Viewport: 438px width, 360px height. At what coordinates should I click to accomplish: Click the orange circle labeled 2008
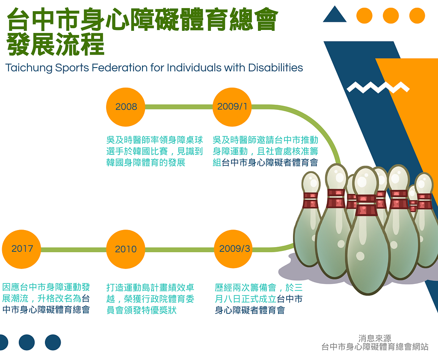pyautogui.click(x=126, y=107)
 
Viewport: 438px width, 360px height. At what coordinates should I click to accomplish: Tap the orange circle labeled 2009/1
pyautogui.click(x=232, y=107)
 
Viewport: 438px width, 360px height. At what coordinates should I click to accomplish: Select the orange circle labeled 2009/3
pyautogui.click(x=234, y=249)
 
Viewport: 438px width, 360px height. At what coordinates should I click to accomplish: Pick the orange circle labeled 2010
pyautogui.click(x=126, y=249)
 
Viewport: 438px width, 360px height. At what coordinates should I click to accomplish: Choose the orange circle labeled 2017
pyautogui.click(x=21, y=249)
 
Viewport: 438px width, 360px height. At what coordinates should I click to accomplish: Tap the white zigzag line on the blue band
pyautogui.click(x=378, y=87)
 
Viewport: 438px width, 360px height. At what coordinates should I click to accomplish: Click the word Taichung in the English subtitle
pyautogui.click(x=29, y=68)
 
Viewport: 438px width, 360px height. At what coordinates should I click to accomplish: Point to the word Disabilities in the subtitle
pyautogui.click(x=275, y=68)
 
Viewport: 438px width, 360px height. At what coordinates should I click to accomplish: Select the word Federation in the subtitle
pyautogui.click(x=120, y=68)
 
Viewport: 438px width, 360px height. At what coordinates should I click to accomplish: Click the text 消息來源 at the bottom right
pyautogui.click(x=375, y=339)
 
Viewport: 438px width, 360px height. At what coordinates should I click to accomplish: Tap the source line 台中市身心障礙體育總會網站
pyautogui.click(x=375, y=347)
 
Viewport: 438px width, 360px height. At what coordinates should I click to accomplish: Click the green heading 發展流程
pyautogui.click(x=55, y=44)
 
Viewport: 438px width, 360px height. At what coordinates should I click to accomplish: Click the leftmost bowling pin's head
pyautogui.click(x=311, y=182)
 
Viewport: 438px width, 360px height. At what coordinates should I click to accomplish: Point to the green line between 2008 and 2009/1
pyautogui.click(x=179, y=107)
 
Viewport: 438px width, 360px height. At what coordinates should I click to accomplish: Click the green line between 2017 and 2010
pyautogui.click(x=74, y=249)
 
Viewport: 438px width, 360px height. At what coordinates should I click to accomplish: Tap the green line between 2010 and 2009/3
pyautogui.click(x=180, y=249)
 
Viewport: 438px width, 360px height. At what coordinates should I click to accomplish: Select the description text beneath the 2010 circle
pyautogui.click(x=150, y=299)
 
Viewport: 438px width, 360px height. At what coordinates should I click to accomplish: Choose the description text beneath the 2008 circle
pyautogui.click(x=154, y=151)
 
